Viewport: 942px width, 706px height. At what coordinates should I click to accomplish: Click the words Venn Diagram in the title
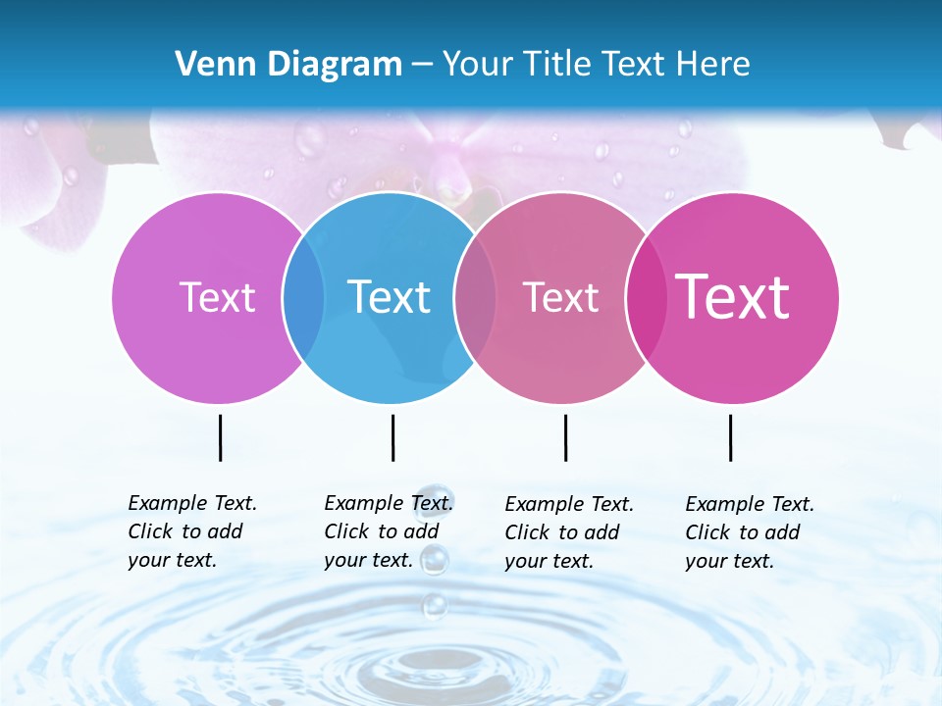(x=288, y=64)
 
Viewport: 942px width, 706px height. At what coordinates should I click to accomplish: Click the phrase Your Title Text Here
(x=596, y=64)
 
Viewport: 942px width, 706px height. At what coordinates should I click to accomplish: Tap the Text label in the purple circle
(x=217, y=297)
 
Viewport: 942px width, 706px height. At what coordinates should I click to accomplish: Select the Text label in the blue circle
(x=389, y=297)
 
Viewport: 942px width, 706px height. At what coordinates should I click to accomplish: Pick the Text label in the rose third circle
(x=560, y=297)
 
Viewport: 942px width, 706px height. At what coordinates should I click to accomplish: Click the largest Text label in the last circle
(x=732, y=297)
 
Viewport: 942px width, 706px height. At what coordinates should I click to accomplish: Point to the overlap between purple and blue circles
(x=303, y=298)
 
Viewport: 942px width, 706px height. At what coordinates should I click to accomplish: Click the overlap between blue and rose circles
(x=475, y=298)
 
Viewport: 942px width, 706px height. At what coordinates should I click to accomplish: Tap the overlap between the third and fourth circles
(x=645, y=298)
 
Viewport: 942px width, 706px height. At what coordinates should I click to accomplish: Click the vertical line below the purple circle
(x=220, y=437)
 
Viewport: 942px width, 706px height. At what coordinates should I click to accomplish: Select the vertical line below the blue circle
(x=392, y=437)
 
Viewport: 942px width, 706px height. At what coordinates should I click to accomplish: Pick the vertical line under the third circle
(x=565, y=437)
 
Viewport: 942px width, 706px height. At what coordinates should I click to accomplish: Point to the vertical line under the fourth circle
(x=730, y=437)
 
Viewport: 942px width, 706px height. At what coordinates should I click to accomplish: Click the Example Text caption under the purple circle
(x=192, y=531)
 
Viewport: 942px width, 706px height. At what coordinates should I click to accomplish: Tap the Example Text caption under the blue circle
(x=389, y=531)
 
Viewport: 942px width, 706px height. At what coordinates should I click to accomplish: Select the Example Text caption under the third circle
(x=569, y=532)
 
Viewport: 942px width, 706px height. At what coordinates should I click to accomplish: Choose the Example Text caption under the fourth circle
(x=750, y=532)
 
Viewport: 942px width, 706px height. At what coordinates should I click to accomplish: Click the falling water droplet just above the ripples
(x=434, y=605)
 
